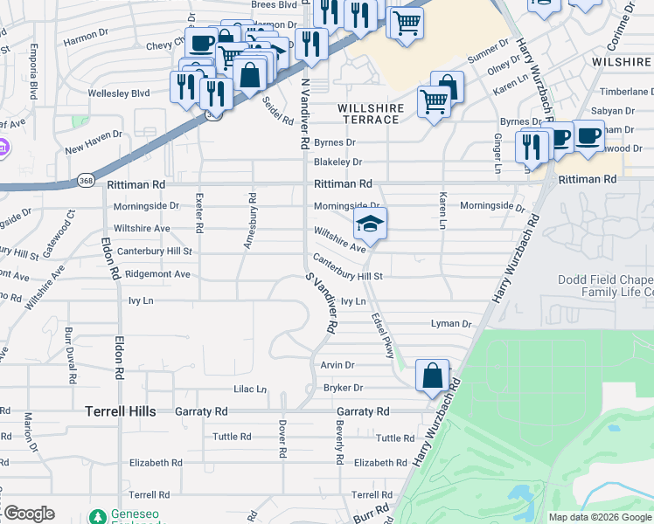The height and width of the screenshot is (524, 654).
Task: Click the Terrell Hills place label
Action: pyautogui.click(x=120, y=410)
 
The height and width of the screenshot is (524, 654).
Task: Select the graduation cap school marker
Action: pyautogui.click(x=370, y=225)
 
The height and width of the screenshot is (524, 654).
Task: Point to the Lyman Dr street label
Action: pyautogui.click(x=451, y=324)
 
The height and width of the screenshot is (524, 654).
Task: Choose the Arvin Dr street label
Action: pyautogui.click(x=337, y=365)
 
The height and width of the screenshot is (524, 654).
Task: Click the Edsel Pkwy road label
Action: pyautogui.click(x=382, y=335)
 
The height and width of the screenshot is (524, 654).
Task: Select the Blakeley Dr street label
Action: pyautogui.click(x=337, y=162)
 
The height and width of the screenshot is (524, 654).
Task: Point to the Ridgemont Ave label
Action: pyautogui.click(x=157, y=273)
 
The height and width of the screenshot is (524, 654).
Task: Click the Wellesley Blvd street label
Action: pyautogui.click(x=120, y=93)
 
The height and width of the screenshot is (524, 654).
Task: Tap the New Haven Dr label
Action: pyautogui.click(x=93, y=150)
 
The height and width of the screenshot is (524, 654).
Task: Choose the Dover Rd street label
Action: pyautogui.click(x=282, y=439)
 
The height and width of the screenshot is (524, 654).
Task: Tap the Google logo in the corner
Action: pyautogui.click(x=28, y=514)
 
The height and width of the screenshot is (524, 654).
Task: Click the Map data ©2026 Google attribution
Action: pyautogui.click(x=600, y=517)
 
